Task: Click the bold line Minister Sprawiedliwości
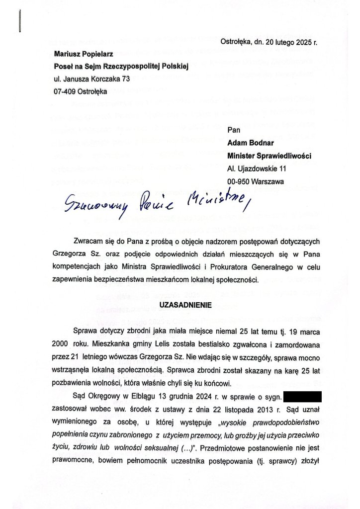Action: coord(269,156)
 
